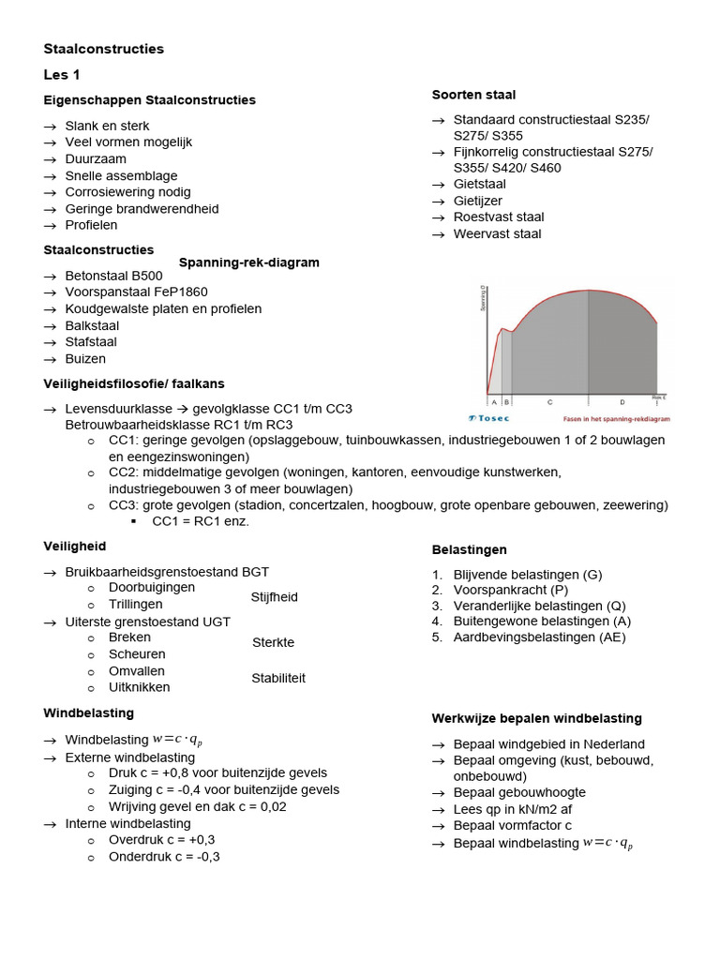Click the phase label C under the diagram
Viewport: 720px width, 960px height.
[549, 400]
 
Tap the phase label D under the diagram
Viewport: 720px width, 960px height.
[622, 400]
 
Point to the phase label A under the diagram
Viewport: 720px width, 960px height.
[494, 400]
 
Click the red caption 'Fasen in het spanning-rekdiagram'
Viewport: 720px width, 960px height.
[616, 419]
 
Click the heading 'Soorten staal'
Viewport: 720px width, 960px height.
[473, 95]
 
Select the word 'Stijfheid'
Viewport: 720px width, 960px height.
[275, 597]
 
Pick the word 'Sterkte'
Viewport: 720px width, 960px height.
[273, 642]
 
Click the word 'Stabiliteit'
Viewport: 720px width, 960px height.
[278, 678]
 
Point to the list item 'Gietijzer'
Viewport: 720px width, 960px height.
[477, 201]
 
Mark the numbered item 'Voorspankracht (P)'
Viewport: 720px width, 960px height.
[510, 590]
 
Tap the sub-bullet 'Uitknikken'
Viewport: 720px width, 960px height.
[140, 687]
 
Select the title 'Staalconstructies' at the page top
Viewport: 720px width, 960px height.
[104, 49]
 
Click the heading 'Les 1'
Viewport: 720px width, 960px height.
[62, 75]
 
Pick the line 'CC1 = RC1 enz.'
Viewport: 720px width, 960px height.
[201, 521]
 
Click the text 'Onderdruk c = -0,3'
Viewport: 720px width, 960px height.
[164, 857]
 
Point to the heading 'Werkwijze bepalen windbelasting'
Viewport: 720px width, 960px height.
[536, 718]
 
